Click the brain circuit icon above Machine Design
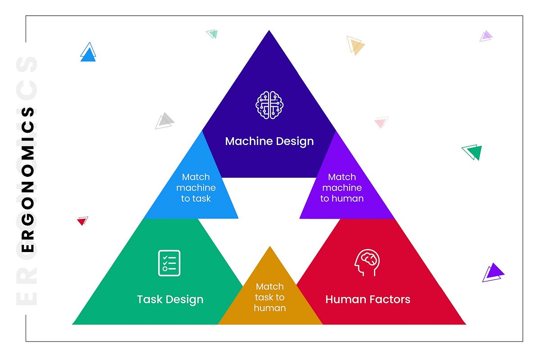tap(269, 105)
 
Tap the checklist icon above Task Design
tap(169, 263)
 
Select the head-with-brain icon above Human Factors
tap(367, 263)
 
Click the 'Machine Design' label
tap(269, 141)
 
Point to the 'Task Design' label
tap(170, 299)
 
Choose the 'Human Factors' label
tap(368, 299)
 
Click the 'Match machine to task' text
tap(196, 187)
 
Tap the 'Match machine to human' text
tap(342, 187)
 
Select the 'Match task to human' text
tap(270, 297)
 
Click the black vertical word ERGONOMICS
tap(28, 180)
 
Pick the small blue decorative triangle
tap(88, 53)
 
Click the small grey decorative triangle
tap(165, 120)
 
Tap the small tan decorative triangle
tap(355, 45)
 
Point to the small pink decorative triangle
tap(381, 122)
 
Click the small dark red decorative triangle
tap(82, 220)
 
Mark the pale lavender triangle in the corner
tap(486, 36)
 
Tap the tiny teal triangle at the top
tap(212, 33)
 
